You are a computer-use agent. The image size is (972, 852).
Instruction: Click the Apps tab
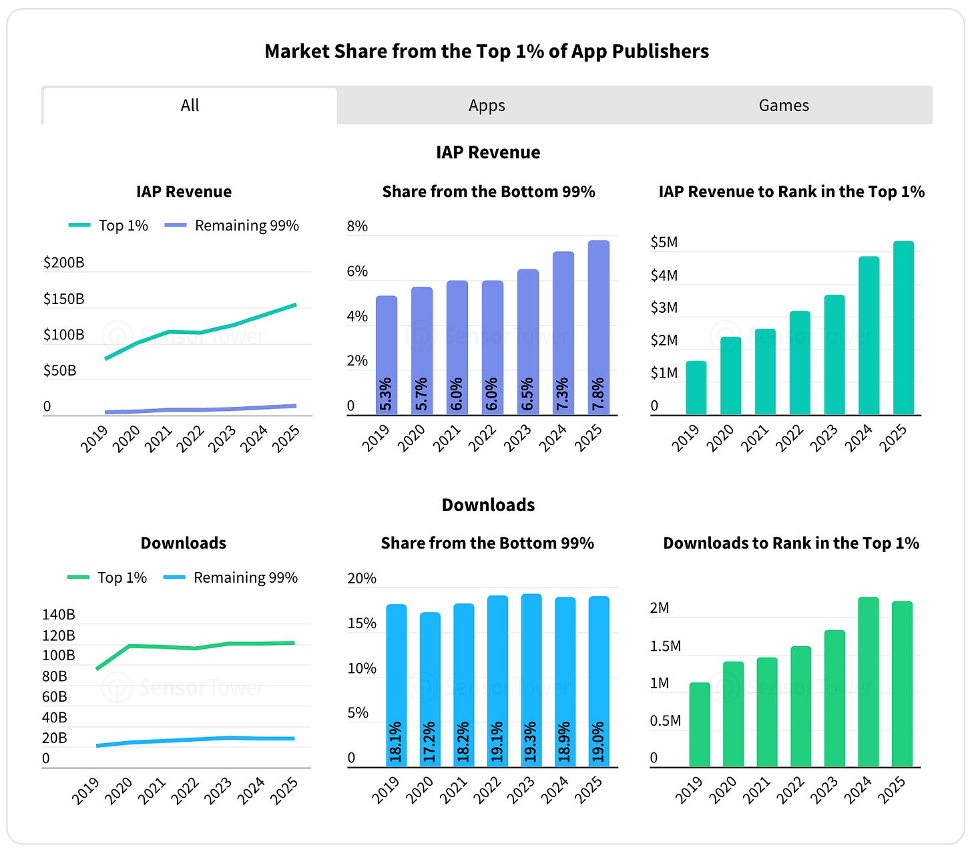tap(487, 105)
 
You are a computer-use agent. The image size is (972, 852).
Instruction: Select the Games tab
tap(783, 105)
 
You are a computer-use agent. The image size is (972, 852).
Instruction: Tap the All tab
tap(190, 105)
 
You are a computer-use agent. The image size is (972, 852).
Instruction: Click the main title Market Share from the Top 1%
tap(487, 51)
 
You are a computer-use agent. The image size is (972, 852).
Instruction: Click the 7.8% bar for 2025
tap(598, 327)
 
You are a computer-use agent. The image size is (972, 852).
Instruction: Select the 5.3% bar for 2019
tap(387, 355)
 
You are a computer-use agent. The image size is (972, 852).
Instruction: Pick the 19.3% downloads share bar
tap(531, 680)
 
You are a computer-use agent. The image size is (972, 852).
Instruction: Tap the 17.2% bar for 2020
tap(430, 690)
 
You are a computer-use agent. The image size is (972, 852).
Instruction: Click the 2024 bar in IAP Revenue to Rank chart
tap(869, 335)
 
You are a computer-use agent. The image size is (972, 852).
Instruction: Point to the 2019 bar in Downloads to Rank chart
tap(700, 724)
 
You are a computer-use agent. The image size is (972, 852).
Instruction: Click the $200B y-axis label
tap(63, 263)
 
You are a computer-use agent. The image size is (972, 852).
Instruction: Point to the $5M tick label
tap(664, 243)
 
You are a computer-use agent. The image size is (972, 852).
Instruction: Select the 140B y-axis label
tap(59, 614)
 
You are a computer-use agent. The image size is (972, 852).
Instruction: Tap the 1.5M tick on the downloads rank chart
tap(665, 646)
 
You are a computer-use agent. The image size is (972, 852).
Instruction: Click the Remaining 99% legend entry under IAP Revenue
tap(232, 225)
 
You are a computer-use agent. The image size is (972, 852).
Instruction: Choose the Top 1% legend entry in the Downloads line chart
tap(107, 577)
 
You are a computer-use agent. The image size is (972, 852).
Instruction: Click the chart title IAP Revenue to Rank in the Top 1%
tap(792, 192)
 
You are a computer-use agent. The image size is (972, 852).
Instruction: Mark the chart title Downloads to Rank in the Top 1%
tap(791, 543)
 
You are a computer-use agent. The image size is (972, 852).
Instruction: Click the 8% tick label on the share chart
tap(356, 227)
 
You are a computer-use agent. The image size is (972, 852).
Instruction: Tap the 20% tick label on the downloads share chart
tap(362, 578)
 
